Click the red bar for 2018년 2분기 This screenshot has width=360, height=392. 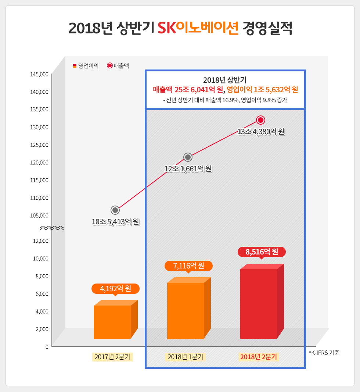click(259, 303)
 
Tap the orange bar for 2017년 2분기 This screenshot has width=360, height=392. click(112, 321)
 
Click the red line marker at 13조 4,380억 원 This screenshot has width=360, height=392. click(261, 120)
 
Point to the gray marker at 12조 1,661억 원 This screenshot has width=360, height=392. click(188, 157)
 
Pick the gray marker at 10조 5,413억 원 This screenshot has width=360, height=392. click(115, 210)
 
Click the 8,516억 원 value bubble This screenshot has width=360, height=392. click(262, 252)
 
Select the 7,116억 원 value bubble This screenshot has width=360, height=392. click(188, 266)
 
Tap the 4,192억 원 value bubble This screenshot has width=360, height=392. click(115, 288)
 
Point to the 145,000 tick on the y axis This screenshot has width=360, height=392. click(39, 74)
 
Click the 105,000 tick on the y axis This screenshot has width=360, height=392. click(39, 215)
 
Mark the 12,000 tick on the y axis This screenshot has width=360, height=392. click(40, 241)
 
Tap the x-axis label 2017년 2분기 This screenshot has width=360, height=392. click(112, 357)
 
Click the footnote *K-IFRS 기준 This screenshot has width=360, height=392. click(324, 353)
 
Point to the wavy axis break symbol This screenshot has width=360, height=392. click(51, 228)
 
